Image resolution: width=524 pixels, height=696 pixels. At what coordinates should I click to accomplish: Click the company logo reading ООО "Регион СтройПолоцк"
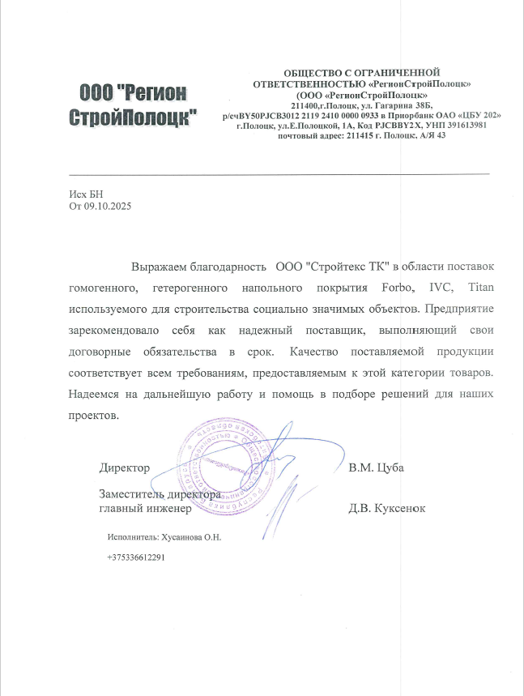tap(134, 105)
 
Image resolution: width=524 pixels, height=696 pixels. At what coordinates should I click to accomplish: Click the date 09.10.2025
tap(108, 207)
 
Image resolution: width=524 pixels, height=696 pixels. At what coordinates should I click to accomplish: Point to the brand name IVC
tap(441, 288)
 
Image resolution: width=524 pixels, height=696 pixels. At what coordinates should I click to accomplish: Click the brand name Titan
tap(481, 288)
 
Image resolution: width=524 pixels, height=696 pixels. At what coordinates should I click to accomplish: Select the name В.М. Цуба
tap(376, 468)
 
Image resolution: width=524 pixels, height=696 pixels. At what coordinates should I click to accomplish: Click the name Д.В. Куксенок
tap(386, 508)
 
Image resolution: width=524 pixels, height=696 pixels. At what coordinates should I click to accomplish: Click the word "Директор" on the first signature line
tap(125, 468)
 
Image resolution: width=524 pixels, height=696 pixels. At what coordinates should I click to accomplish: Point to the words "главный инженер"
tap(144, 508)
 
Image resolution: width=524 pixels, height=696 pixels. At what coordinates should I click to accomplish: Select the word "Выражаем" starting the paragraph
tap(159, 267)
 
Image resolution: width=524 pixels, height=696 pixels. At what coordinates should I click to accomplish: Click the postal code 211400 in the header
tap(305, 106)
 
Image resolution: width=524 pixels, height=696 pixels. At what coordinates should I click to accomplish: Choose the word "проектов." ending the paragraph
tap(94, 414)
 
